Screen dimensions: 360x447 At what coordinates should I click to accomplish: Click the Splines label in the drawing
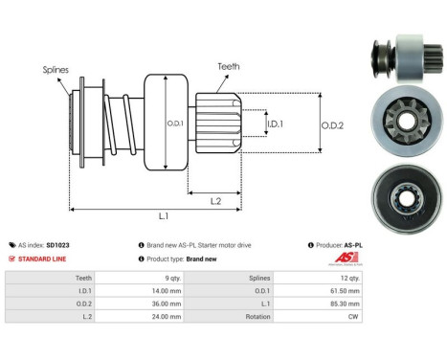pos(55,70)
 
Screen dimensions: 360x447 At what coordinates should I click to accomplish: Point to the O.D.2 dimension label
pos(332,122)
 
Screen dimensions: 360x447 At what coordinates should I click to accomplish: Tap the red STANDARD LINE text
pos(42,259)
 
